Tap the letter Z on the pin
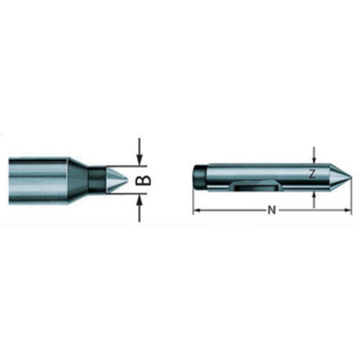pos(313,174)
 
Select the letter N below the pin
pos(271,210)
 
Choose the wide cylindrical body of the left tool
pos(38,180)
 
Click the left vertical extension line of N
pos(193,198)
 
